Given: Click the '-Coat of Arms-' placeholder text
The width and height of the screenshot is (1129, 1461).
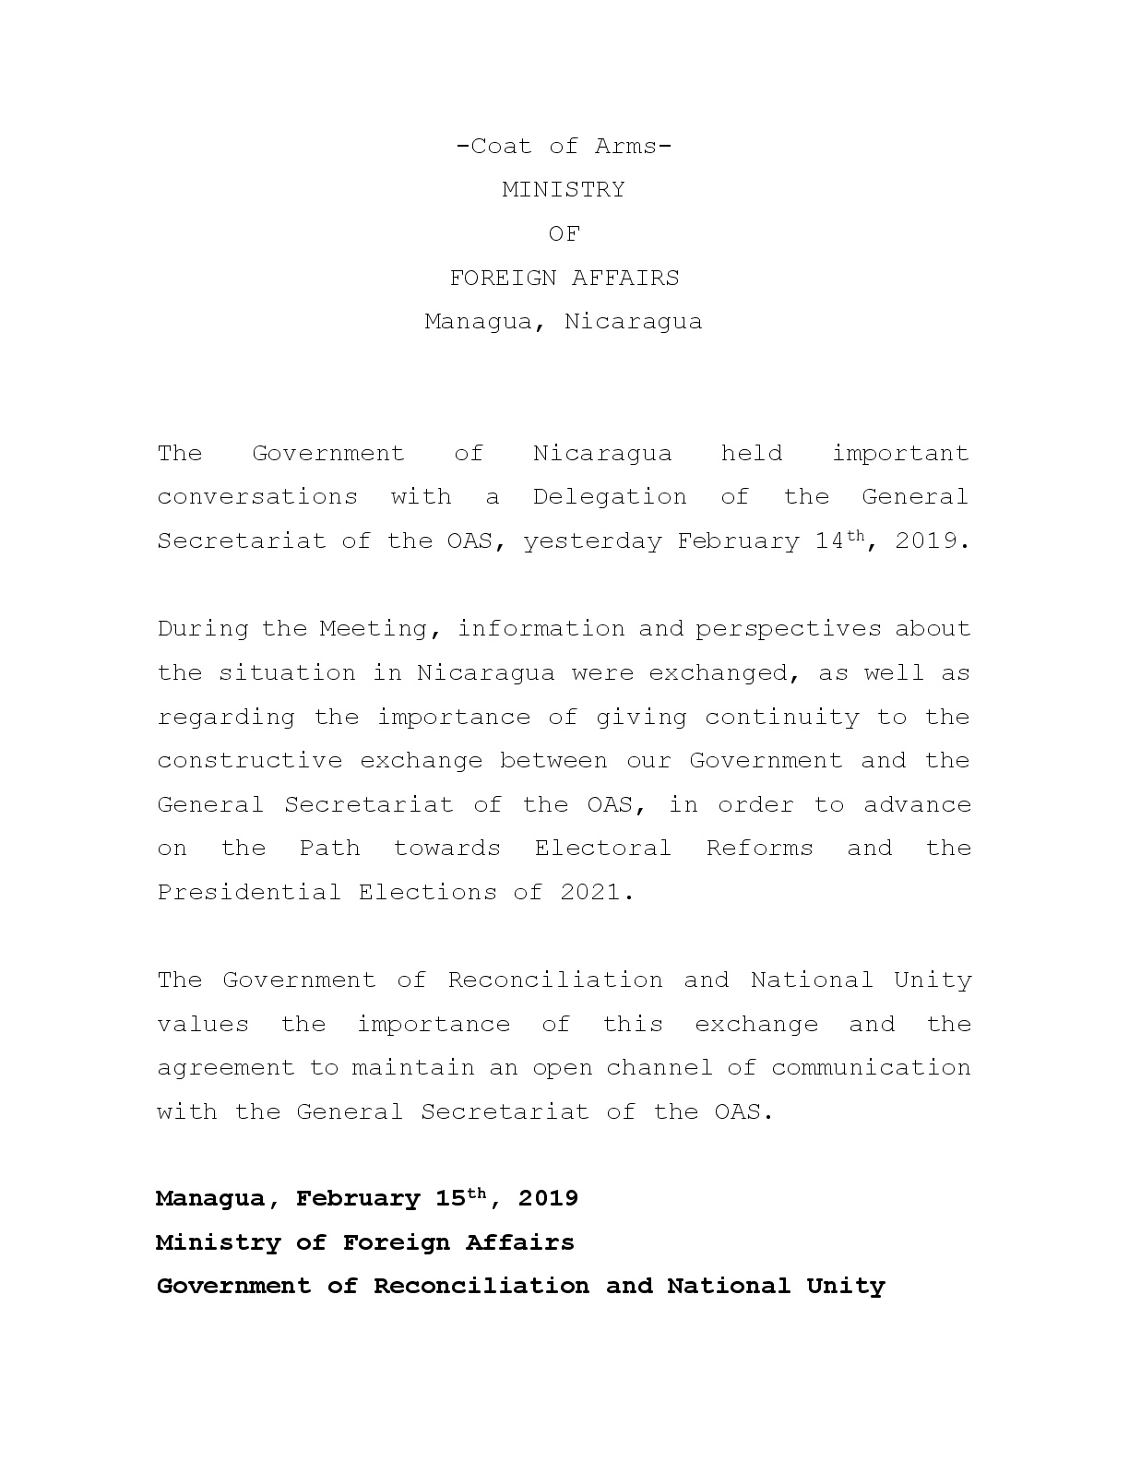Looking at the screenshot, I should (564, 146).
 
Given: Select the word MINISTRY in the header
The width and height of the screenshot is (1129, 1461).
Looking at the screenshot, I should (564, 190).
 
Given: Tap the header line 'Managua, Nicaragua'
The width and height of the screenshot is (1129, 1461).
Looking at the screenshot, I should (564, 322).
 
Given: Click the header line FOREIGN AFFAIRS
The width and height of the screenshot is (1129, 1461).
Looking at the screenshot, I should (564, 278).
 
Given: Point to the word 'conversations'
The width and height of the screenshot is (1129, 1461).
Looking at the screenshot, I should (257, 497).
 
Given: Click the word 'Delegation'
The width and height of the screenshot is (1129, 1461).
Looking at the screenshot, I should (610, 497).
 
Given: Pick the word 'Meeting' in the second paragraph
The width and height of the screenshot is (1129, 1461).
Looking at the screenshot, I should (373, 629).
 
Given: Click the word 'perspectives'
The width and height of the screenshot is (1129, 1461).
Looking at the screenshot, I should (789, 629).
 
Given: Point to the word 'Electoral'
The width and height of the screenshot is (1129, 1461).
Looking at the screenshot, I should (603, 849).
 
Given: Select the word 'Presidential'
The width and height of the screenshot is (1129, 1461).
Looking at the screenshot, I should (249, 893).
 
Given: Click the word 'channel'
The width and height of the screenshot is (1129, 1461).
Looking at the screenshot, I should (660, 1068).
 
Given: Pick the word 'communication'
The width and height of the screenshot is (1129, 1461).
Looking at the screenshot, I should (871, 1068).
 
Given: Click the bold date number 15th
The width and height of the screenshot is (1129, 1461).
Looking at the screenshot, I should (459, 1198).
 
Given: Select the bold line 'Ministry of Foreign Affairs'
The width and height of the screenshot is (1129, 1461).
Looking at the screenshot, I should (365, 1242).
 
